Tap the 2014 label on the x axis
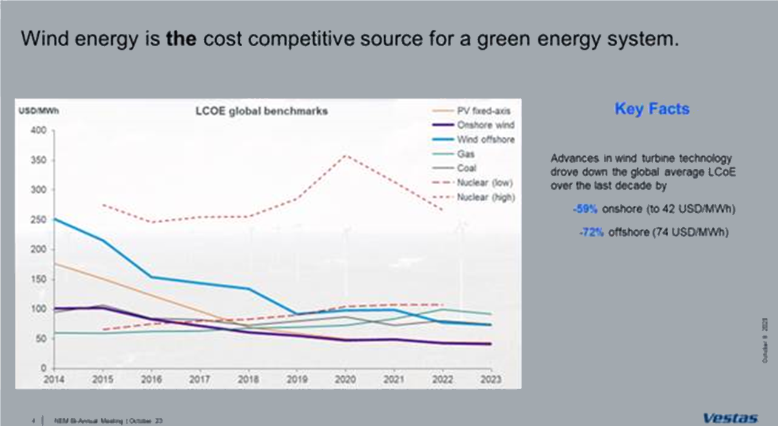coord(54,380)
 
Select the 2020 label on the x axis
coord(345,380)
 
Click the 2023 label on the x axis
coord(490,380)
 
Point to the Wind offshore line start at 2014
coord(55,219)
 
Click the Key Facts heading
coord(652,109)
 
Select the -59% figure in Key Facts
coord(586,209)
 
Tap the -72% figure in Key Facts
coord(591,232)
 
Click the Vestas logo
coord(731,418)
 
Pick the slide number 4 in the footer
coord(33,420)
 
